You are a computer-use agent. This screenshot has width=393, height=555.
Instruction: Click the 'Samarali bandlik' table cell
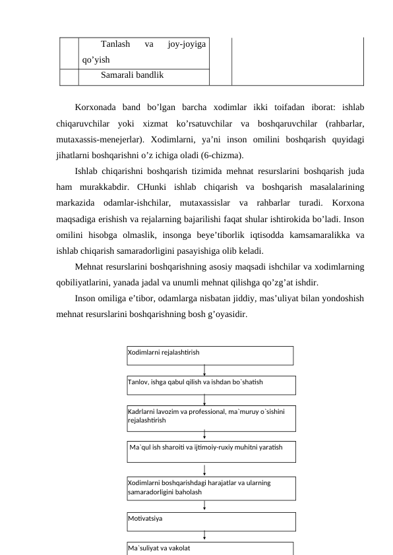(143, 75)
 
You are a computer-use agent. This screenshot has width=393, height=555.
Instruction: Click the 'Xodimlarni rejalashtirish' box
(210, 355)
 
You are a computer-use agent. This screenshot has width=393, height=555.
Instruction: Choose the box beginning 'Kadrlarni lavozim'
(211, 417)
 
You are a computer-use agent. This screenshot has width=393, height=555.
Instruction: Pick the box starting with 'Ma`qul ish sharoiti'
(211, 451)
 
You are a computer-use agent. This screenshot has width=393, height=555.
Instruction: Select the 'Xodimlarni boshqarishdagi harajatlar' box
(211, 488)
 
